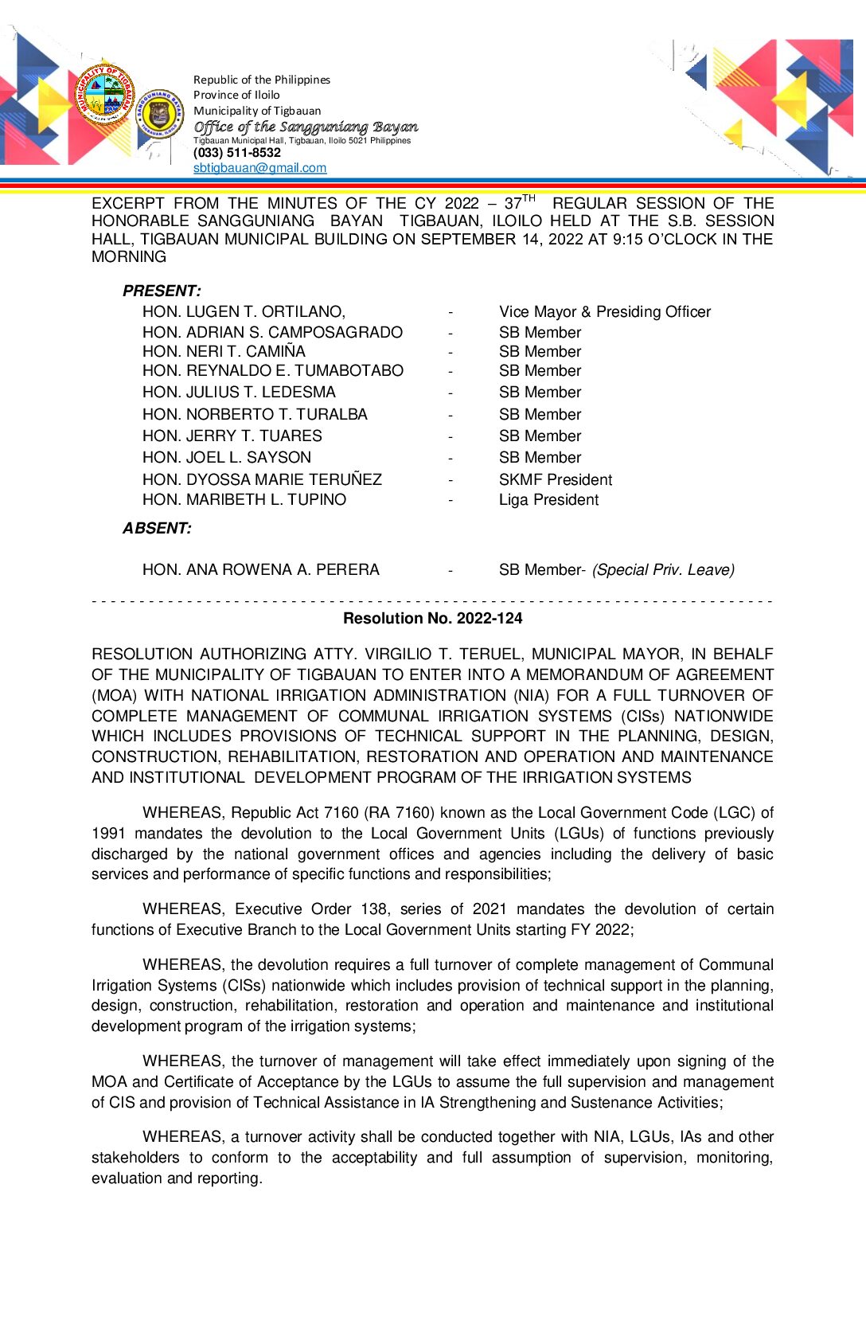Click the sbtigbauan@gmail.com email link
(x=259, y=168)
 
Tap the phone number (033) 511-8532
(x=237, y=153)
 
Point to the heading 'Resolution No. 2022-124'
(x=432, y=619)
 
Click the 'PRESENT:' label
(x=162, y=291)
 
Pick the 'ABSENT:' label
(x=157, y=529)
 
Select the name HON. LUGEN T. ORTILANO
(x=244, y=312)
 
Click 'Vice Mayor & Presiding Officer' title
(x=605, y=312)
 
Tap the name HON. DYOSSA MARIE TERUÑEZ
(x=262, y=480)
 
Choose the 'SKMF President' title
(x=556, y=480)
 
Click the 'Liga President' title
(x=548, y=500)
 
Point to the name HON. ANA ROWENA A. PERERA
(x=260, y=570)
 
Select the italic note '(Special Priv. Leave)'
(x=663, y=570)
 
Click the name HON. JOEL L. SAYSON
(x=227, y=458)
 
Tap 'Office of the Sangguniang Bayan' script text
(x=306, y=127)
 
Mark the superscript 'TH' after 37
(x=529, y=198)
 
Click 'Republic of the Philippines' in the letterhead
(x=262, y=80)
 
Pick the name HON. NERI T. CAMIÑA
(x=224, y=352)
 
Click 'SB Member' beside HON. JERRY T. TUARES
(x=540, y=436)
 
